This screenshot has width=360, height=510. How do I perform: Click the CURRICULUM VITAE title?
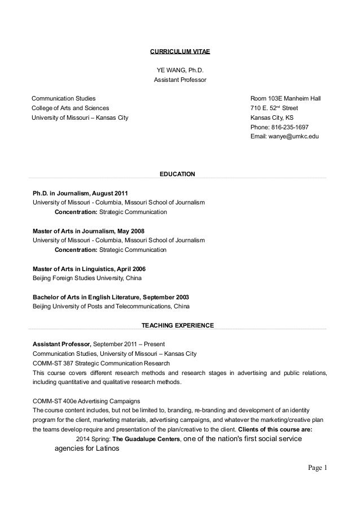click(179, 52)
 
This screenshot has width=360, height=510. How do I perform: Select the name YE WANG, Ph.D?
click(180, 71)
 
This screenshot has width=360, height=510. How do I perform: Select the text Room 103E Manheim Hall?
click(285, 98)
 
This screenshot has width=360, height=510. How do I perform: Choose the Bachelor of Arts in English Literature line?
click(111, 298)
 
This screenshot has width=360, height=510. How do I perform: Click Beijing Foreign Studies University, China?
click(87, 278)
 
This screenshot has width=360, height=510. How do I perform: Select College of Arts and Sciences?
click(71, 108)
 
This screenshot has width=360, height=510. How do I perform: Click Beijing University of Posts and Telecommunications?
click(111, 307)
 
